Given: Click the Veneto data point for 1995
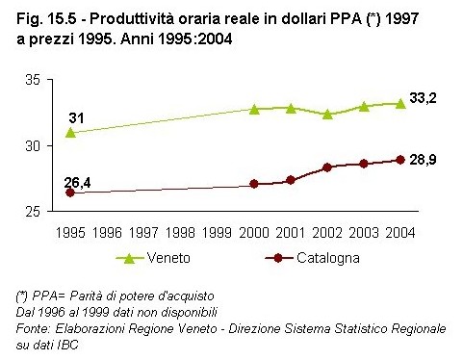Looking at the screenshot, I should coord(70,132).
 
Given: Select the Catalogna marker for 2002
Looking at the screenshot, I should coord(327,167).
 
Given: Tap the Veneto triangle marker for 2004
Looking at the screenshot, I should coord(400,102).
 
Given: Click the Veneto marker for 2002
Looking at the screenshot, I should coord(327,114).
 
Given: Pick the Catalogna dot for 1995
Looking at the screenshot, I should coord(70,193).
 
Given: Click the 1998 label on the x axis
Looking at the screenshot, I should coord(180,232).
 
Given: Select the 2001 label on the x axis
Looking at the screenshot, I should coord(291,232).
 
